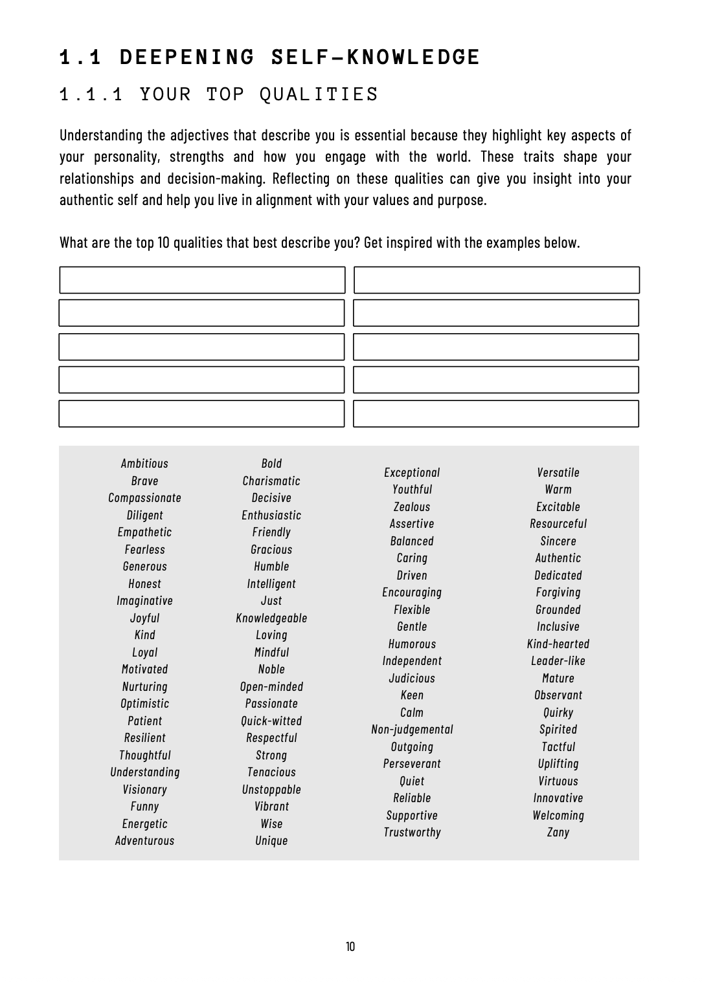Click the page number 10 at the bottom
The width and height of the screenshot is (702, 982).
pyautogui.click(x=350, y=947)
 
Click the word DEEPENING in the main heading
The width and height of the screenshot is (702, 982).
pyautogui.click(x=188, y=58)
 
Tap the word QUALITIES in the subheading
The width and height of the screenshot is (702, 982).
pyautogui.click(x=319, y=94)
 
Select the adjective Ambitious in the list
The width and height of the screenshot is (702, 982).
pyautogui.click(x=144, y=464)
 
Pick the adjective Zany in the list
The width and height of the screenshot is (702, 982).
pyautogui.click(x=558, y=833)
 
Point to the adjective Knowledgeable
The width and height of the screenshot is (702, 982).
pyautogui.click(x=271, y=618)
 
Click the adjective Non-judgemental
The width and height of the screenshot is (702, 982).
pyautogui.click(x=412, y=730)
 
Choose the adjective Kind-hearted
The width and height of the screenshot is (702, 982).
pyautogui.click(x=558, y=644)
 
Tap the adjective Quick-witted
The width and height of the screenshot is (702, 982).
pyautogui.click(x=271, y=721)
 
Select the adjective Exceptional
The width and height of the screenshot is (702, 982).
pyautogui.click(x=412, y=473)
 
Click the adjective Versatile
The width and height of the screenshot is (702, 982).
pyautogui.click(x=558, y=473)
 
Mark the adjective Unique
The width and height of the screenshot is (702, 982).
pyautogui.click(x=271, y=841)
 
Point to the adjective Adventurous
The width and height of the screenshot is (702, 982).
pyautogui.click(x=144, y=841)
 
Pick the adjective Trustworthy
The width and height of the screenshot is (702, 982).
pyautogui.click(x=412, y=833)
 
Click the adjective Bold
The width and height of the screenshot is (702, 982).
pyautogui.click(x=271, y=464)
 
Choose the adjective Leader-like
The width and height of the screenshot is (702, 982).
pyautogui.click(x=558, y=661)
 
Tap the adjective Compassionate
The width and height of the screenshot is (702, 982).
pyautogui.click(x=144, y=498)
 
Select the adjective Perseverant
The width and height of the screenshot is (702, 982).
pyautogui.click(x=412, y=764)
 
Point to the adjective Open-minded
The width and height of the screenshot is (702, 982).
pyautogui.click(x=271, y=687)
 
